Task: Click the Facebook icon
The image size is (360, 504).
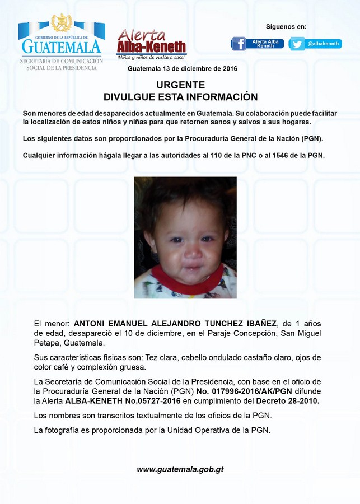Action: pos(239,44)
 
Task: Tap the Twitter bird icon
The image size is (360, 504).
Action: pos(297,44)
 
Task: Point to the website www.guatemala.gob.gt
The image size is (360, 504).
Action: pos(180,469)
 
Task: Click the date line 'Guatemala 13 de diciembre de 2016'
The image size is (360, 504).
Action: pos(183,69)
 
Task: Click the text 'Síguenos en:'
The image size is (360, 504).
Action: pos(286,26)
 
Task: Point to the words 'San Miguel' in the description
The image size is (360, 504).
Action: pos(301,333)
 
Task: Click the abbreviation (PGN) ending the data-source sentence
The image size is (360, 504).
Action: pos(312,138)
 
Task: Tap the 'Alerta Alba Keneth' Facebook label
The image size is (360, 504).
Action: pos(265,44)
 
